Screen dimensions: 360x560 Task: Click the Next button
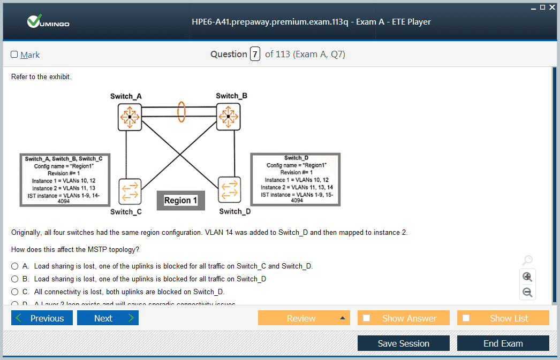pyautogui.click(x=108, y=318)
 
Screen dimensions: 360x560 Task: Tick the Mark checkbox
pyautogui.click(x=14, y=55)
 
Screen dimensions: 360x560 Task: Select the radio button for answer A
pyautogui.click(x=15, y=266)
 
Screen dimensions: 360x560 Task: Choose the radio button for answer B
pyautogui.click(x=15, y=279)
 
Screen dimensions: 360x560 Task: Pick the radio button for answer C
pyautogui.click(x=15, y=292)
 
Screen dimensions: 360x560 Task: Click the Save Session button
pyautogui.click(x=403, y=343)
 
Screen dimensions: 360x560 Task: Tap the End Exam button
pyautogui.click(x=503, y=343)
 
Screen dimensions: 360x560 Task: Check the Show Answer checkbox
pyautogui.click(x=367, y=318)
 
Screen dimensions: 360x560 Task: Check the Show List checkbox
pyautogui.click(x=466, y=318)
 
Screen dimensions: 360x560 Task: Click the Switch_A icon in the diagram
pyautogui.click(x=129, y=116)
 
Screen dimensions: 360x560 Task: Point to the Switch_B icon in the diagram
pyautogui.click(x=229, y=116)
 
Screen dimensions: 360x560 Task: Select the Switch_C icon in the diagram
pyautogui.click(x=130, y=192)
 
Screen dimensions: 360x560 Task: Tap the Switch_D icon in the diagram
pyautogui.click(x=229, y=190)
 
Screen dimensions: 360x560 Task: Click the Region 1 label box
pyautogui.click(x=180, y=201)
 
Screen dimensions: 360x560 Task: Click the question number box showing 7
pyautogui.click(x=255, y=54)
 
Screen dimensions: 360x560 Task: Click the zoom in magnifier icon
pyautogui.click(x=527, y=277)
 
